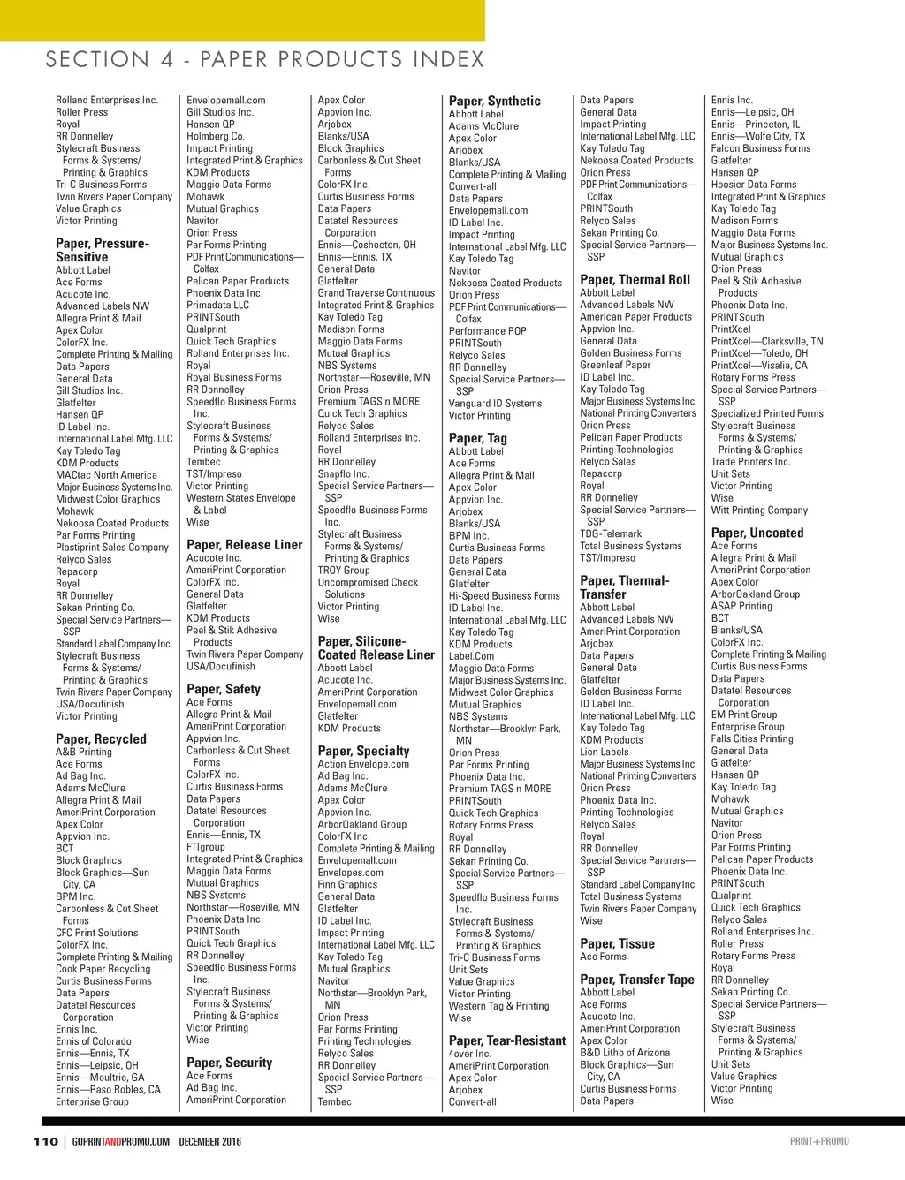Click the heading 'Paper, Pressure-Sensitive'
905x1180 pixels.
tap(102, 250)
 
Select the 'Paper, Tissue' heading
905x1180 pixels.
tap(617, 943)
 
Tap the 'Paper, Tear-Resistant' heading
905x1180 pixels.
tap(506, 1040)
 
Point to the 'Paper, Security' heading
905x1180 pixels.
tap(229, 1063)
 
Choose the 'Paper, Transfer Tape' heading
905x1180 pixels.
tap(636, 979)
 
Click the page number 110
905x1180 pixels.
tap(45, 1141)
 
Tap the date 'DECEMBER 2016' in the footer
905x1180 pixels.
tap(209, 1141)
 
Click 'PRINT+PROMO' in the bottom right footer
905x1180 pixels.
tap(818, 1141)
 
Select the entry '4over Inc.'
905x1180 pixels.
tap(469, 1054)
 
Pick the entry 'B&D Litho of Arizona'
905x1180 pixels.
tap(624, 1053)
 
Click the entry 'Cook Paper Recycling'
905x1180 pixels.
tap(103, 969)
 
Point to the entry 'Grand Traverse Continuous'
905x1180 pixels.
tap(376, 293)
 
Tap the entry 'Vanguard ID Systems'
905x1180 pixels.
tap(495, 404)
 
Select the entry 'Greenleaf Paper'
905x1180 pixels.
tap(614, 365)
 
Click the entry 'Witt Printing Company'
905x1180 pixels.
tap(759, 511)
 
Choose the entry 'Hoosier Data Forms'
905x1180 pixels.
tap(753, 185)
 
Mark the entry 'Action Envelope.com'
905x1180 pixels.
tap(363, 764)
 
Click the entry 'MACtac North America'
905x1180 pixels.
tap(106, 475)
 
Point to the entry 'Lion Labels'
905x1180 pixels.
tap(604, 753)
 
